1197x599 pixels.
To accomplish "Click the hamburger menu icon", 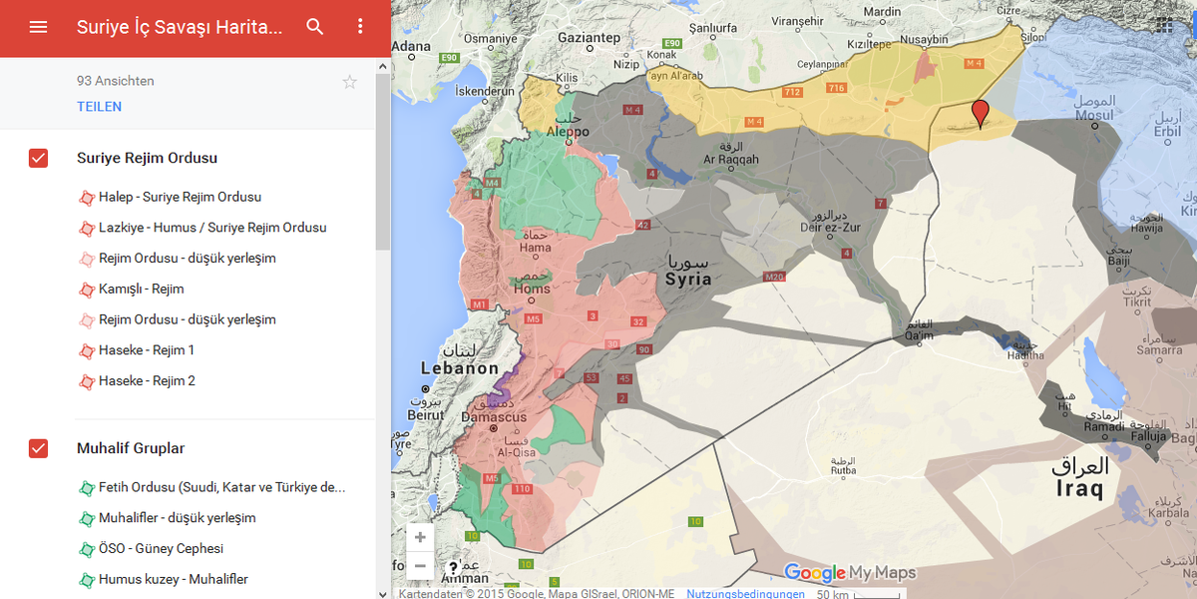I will coord(38,27).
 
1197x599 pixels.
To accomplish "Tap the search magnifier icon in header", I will coord(315,27).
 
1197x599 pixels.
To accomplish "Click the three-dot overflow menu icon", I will coord(361,27).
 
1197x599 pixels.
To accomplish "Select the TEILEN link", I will coord(99,107).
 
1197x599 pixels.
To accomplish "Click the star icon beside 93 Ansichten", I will coord(349,82).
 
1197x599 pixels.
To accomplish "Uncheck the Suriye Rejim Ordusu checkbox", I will coord(38,158).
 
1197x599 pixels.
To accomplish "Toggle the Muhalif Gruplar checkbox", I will coord(38,448).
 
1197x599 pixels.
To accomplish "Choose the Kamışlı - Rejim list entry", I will coord(141,289).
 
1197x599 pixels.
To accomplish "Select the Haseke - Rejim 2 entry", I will coord(147,380).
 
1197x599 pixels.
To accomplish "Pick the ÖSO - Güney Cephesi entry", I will coord(161,548).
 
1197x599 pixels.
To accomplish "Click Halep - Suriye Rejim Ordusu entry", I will coord(180,197).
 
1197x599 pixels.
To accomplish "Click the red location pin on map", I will coord(981,112).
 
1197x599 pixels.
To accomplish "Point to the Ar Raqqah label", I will coord(731,159).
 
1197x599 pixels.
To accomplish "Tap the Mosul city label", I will coord(1093,115).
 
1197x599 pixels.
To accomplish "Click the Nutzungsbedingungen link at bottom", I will coord(745,593).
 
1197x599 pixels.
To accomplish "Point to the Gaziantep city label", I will coord(589,38).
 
